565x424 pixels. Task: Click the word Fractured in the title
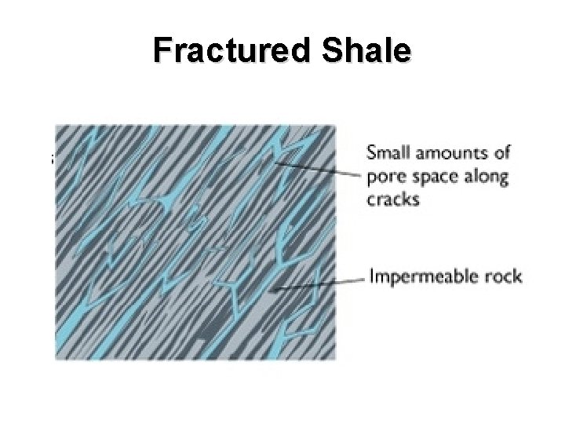coord(232,51)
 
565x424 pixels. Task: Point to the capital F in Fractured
coord(162,51)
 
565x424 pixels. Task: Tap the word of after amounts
coord(500,152)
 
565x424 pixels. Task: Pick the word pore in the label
coord(385,177)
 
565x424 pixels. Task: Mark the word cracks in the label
coord(392,199)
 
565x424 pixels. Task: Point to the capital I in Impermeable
coord(372,276)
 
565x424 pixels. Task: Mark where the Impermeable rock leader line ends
coord(268,291)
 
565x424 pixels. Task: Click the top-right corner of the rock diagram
coord(335,126)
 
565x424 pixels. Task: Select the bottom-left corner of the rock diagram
coord(56,360)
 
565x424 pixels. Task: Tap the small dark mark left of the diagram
coord(52,159)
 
